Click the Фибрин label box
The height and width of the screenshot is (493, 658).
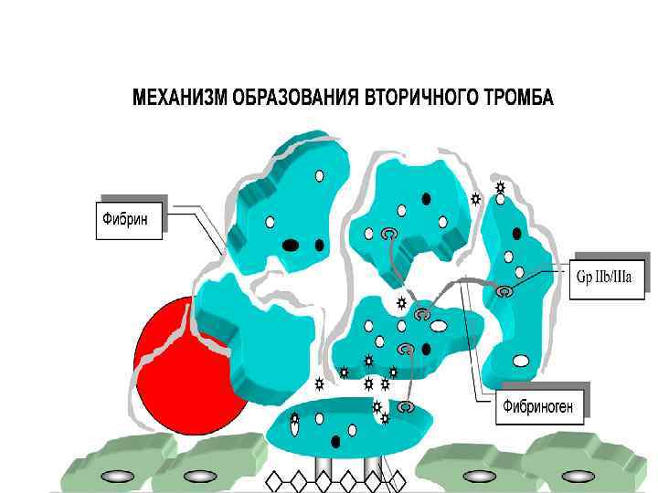pos(129,219)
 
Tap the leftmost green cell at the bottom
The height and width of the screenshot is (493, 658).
pos(114,466)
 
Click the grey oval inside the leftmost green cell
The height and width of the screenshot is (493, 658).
pos(116,477)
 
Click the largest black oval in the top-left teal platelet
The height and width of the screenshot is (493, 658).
pos(291,245)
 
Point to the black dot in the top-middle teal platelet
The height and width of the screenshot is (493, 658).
pos(426,198)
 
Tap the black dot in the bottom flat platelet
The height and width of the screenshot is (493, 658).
pos(335,442)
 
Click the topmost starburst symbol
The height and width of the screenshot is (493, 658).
pos(500,187)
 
